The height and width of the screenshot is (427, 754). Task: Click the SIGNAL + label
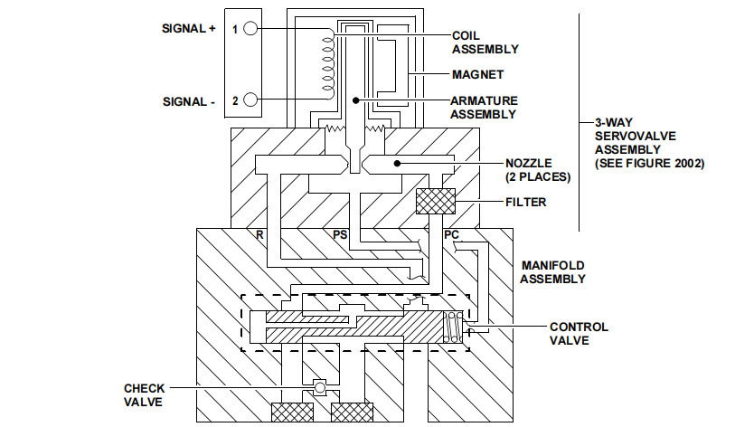tap(186, 29)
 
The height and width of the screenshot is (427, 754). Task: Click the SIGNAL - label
tap(186, 101)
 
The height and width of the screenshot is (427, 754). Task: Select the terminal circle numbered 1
tap(250, 29)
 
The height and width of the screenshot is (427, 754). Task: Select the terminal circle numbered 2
tap(250, 100)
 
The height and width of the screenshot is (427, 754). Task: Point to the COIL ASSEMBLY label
tap(485, 42)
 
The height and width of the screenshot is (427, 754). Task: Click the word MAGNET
tap(478, 74)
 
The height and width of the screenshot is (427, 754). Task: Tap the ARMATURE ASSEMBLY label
tap(485, 107)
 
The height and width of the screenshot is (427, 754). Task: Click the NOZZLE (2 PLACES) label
tap(541, 170)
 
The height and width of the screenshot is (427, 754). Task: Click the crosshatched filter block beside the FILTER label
tap(435, 202)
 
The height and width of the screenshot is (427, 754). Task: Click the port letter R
tap(259, 233)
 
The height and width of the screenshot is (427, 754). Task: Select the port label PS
tap(342, 233)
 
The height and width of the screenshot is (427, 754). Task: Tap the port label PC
tap(452, 233)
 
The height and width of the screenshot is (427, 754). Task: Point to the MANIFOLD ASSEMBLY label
tap(552, 271)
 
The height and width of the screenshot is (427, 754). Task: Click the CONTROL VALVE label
tap(579, 334)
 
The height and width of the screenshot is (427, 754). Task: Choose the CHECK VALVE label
tap(145, 394)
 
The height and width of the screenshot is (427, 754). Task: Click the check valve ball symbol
tap(318, 388)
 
